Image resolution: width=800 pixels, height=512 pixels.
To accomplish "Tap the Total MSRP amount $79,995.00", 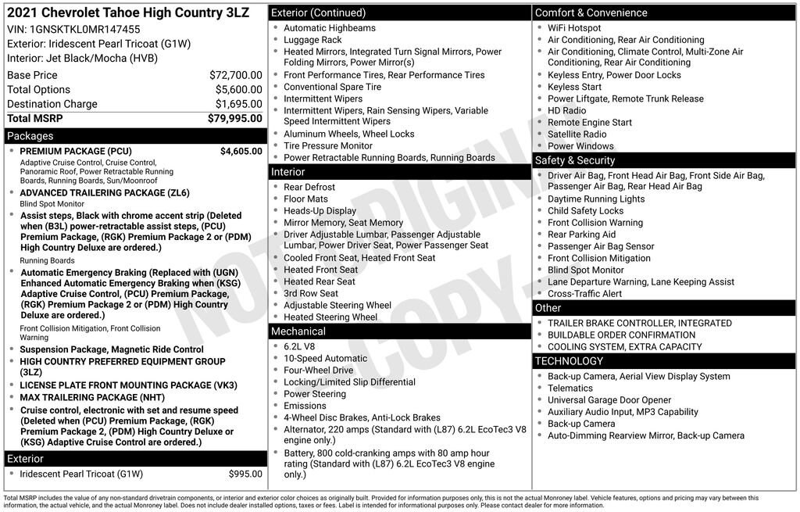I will pyautogui.click(x=234, y=118).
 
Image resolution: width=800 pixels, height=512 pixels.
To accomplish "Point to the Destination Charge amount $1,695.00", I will pyautogui.click(x=239, y=104).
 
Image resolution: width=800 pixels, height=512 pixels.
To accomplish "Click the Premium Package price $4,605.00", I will pyautogui.click(x=241, y=151).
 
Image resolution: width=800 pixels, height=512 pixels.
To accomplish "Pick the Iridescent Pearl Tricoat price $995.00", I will pyautogui.click(x=245, y=474).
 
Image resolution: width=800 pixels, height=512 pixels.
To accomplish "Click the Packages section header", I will pyautogui.click(x=30, y=136).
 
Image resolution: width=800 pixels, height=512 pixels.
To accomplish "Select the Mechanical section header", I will pyautogui.click(x=298, y=331).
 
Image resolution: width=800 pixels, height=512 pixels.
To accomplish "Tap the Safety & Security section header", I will pyautogui.click(x=575, y=160).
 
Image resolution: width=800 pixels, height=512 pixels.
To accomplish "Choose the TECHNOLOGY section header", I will pyautogui.click(x=569, y=361).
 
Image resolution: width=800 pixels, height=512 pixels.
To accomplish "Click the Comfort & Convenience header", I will pyautogui.click(x=591, y=13).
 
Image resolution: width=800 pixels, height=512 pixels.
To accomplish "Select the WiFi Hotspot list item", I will pyautogui.click(x=574, y=28).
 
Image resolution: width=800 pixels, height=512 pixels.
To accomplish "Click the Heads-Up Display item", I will pyautogui.click(x=320, y=211).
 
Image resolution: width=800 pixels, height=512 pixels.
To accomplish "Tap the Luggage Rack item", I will pyautogui.click(x=312, y=40).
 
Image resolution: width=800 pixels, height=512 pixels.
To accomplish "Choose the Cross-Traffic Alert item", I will pyautogui.click(x=584, y=294).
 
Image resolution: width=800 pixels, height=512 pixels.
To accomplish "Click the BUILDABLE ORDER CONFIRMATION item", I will pyautogui.click(x=621, y=335).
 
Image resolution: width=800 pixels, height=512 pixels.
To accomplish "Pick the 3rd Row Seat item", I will pyautogui.click(x=311, y=293).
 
